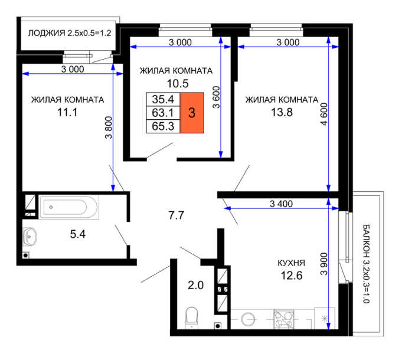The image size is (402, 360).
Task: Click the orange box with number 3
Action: click(192, 113)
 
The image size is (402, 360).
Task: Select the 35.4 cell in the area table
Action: click(163, 99)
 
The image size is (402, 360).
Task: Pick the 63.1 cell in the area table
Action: click(163, 113)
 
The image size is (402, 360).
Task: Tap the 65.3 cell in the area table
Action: click(163, 126)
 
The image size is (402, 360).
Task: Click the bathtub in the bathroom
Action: click(68, 207)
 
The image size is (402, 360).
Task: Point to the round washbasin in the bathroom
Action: click(30, 237)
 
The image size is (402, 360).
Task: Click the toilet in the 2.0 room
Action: click(192, 318)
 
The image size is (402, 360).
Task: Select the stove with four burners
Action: click(284, 319)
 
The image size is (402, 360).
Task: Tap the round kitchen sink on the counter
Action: click(248, 319)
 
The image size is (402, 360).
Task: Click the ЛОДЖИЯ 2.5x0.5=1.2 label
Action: click(70, 33)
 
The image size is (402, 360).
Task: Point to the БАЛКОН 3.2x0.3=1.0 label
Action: click(366, 264)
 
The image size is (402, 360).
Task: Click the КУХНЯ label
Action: click(292, 263)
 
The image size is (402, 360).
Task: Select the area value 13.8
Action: click(282, 112)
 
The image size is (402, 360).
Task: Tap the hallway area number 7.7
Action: click(177, 215)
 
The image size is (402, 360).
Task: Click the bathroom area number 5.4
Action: click(78, 234)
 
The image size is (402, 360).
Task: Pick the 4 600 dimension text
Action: click(324, 114)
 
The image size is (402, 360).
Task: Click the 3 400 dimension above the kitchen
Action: click(281, 204)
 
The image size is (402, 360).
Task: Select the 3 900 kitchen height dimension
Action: click(324, 264)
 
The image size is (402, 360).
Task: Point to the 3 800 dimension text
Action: click(109, 127)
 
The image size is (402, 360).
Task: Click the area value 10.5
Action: click(178, 84)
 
